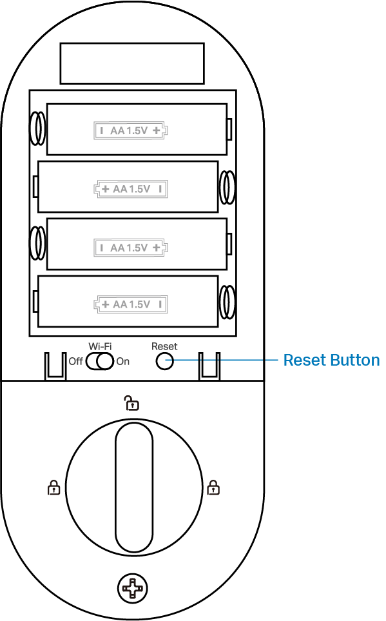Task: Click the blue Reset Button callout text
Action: point(331,360)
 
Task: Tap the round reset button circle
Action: point(164,361)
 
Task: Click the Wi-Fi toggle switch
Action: point(100,362)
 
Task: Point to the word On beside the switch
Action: point(122,361)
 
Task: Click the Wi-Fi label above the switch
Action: point(100,346)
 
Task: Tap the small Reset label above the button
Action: point(164,346)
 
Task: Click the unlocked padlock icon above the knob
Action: point(132,402)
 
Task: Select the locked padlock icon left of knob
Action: point(53,488)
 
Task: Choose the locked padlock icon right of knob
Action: point(213,488)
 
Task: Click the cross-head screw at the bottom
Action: point(133,588)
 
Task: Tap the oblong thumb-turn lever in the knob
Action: point(134,487)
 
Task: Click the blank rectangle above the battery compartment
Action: point(132,63)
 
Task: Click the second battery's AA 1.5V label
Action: point(131,189)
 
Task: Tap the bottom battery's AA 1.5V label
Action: point(131,304)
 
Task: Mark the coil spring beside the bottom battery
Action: point(227,302)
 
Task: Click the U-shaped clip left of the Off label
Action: point(55,366)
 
